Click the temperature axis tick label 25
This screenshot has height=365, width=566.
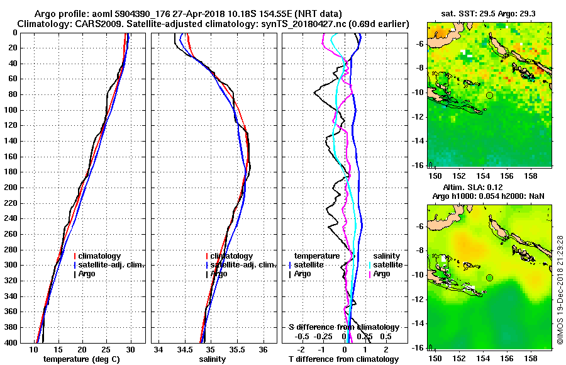106,350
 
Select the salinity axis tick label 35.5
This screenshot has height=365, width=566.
236,350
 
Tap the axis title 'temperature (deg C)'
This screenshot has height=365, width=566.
82,359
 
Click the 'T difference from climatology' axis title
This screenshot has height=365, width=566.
343,359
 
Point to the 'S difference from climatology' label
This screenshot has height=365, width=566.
343,327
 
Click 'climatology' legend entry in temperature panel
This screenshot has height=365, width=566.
101,256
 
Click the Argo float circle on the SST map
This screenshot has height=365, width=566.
489,95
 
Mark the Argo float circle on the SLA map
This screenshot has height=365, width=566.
489,278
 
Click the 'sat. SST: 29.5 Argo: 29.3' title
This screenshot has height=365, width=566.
491,14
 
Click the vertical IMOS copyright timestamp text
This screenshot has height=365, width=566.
560,283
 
